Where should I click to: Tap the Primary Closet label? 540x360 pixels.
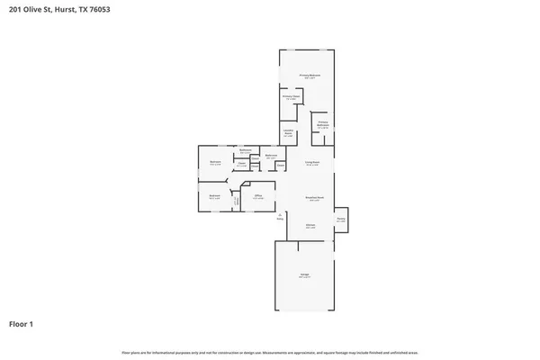pos(291,97)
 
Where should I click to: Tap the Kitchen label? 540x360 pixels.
pos(310,226)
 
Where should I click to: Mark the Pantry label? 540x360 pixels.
pos(341,220)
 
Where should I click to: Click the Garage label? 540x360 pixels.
pos(304,275)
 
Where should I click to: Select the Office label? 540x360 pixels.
pos(257,196)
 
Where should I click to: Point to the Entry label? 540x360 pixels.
pos(280,217)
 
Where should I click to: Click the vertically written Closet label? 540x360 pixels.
pos(237,202)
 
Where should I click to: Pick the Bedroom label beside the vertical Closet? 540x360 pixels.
pos(215,196)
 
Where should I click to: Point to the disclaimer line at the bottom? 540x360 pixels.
pos(270,352)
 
